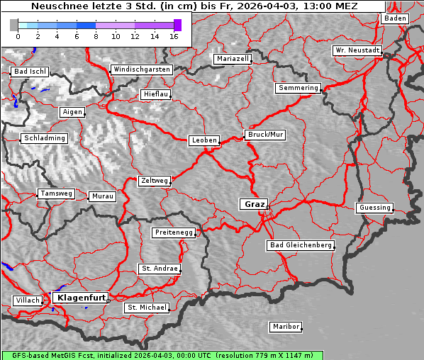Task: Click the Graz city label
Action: (x=254, y=204)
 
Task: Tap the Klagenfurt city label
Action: (x=81, y=298)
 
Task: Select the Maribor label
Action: (x=286, y=327)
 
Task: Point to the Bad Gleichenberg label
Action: (x=300, y=245)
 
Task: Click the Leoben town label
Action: (x=204, y=140)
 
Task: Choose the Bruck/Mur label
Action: (x=265, y=134)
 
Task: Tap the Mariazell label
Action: (x=233, y=59)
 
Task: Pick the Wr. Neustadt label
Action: (x=357, y=51)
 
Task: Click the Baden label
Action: (x=395, y=18)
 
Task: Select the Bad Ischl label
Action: (x=30, y=72)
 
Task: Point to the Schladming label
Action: (x=44, y=138)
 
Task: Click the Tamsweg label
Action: (x=55, y=193)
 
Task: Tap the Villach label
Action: (x=27, y=300)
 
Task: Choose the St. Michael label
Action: (x=147, y=308)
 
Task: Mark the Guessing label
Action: (x=374, y=208)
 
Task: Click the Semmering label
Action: (x=298, y=88)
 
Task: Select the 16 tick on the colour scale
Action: (x=174, y=36)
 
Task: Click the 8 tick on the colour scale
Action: (x=96, y=36)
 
